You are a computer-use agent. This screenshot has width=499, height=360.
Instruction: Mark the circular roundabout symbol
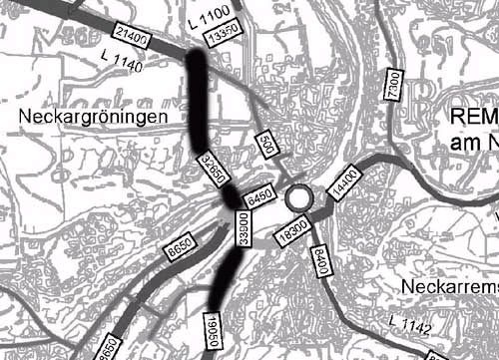point(297,198)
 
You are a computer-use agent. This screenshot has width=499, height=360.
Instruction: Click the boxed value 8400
point(319,263)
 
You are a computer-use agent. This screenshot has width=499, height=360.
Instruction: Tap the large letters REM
point(473,117)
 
